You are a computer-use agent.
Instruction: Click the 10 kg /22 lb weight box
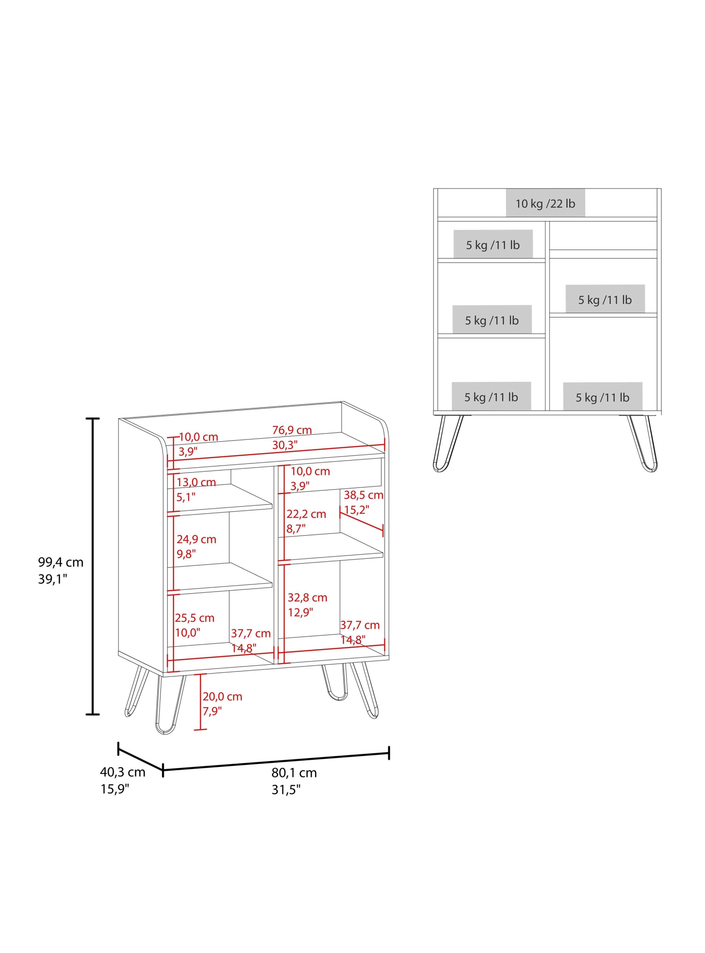pyautogui.click(x=545, y=203)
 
